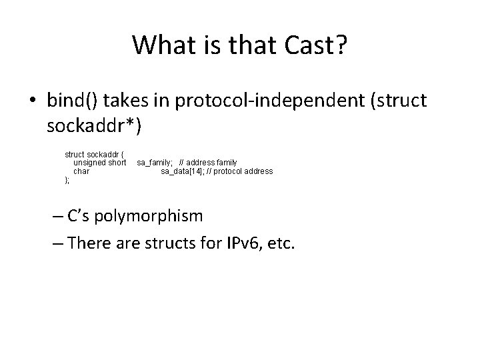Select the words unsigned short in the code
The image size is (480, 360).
pyautogui.click(x=99, y=163)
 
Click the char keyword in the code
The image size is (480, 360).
pyautogui.click(x=81, y=171)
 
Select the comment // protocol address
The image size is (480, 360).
pyautogui.click(x=239, y=171)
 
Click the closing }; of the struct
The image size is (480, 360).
pyautogui.click(x=67, y=180)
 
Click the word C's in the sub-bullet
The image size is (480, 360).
pyautogui.click(x=82, y=217)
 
